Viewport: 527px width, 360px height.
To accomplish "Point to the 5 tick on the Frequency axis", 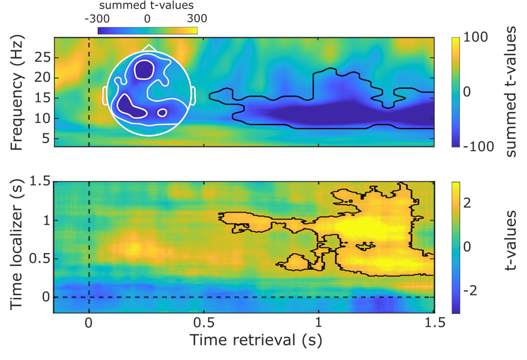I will pyautogui.click(x=54, y=138).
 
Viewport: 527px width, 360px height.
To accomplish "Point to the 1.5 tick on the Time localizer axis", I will pyautogui.click(x=54, y=182).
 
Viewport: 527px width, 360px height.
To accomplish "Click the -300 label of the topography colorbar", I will pyautogui.click(x=97, y=18).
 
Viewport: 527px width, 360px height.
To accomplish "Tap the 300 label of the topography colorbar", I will pyautogui.click(x=197, y=18).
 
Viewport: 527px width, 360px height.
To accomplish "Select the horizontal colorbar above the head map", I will pyautogui.click(x=147, y=30).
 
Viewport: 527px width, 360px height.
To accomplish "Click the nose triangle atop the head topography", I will pyautogui.click(x=149, y=48).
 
